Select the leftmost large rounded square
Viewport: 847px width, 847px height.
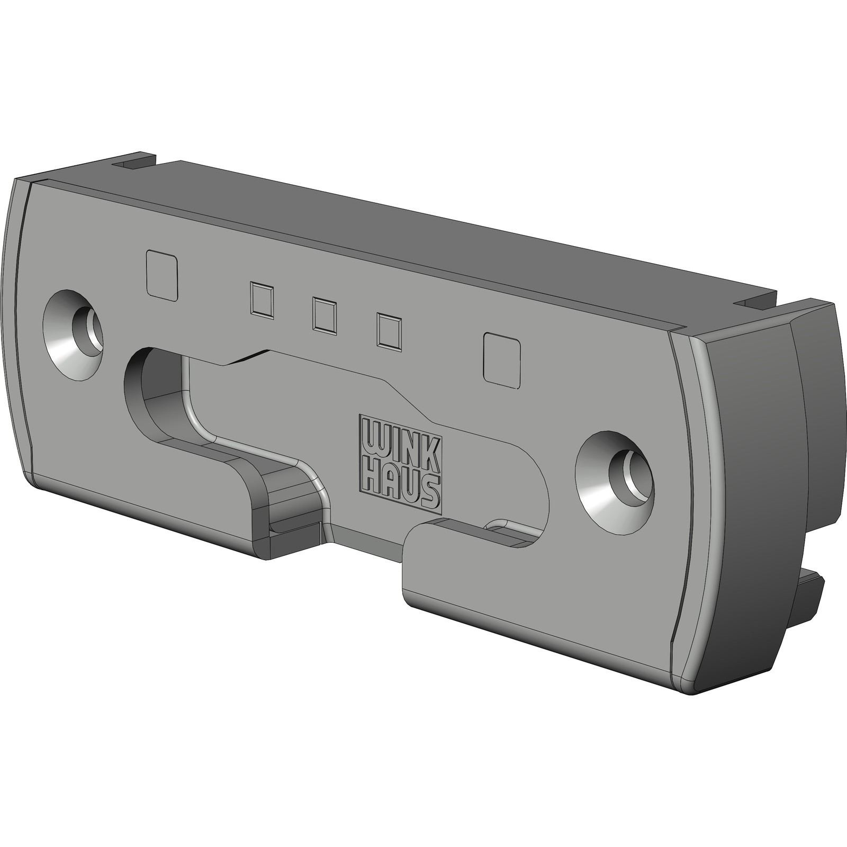click(x=161, y=274)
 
